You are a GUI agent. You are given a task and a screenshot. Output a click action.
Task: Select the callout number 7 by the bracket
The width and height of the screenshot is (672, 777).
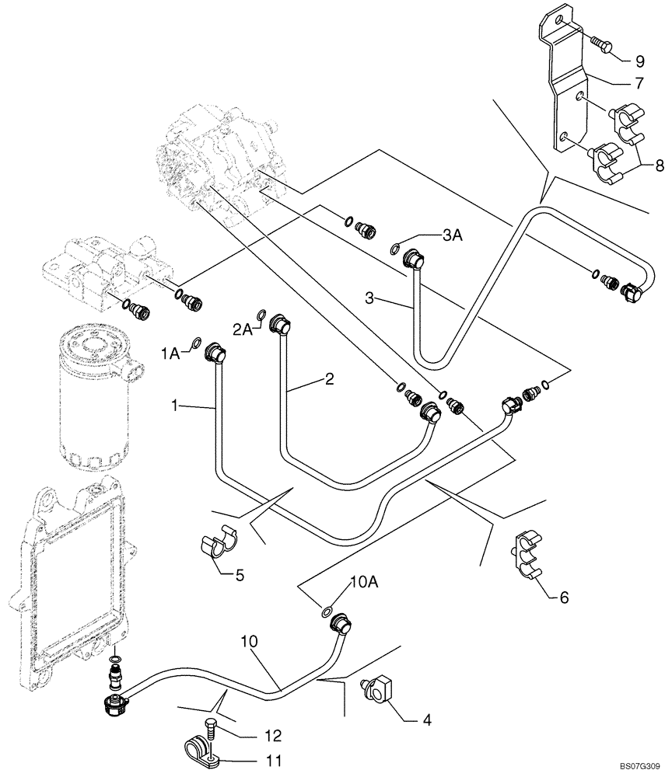pyautogui.click(x=639, y=82)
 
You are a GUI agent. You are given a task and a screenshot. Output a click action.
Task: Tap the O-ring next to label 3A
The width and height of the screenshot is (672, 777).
pyautogui.click(x=397, y=249)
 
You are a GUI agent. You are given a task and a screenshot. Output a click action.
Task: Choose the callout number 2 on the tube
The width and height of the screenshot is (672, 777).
pyautogui.click(x=329, y=379)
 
